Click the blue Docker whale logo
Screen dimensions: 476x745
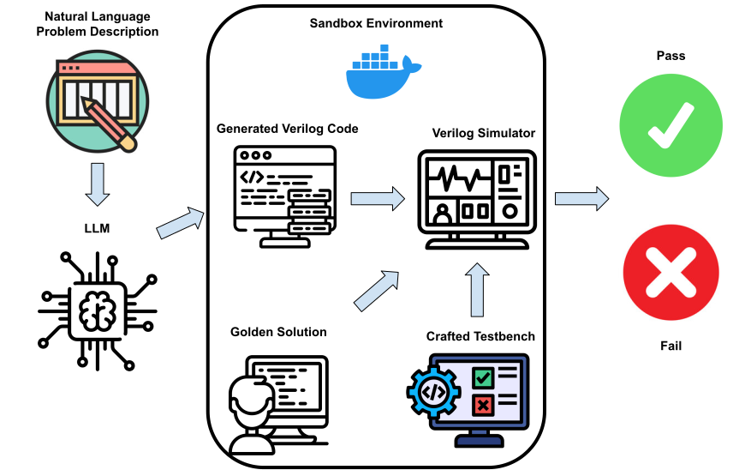pyautogui.click(x=377, y=79)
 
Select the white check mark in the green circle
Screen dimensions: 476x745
pyautogui.click(x=670, y=125)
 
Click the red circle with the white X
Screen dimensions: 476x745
pyautogui.click(x=670, y=273)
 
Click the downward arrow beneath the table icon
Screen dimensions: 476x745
pyautogui.click(x=98, y=184)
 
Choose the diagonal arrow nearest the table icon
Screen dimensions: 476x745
pyautogui.click(x=180, y=223)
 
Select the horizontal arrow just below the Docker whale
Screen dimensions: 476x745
pyautogui.click(x=377, y=199)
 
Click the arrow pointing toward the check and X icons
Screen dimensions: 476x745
pyautogui.click(x=581, y=199)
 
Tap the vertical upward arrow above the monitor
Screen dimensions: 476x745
pyautogui.click(x=477, y=290)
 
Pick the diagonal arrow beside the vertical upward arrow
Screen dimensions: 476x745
pyautogui.click(x=377, y=290)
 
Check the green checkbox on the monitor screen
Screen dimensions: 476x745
pyautogui.click(x=483, y=377)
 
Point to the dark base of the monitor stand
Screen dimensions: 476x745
pyautogui.click(x=479, y=441)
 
